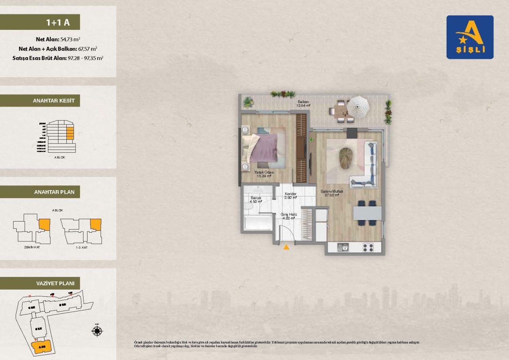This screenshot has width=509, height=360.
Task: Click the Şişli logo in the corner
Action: [x=470, y=37]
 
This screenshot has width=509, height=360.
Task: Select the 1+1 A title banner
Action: [x=40, y=22]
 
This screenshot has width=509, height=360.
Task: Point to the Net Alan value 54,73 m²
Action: [x=70, y=39]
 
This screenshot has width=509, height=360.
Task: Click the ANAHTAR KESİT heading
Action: [x=40, y=101]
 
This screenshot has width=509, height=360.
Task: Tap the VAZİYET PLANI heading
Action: [x=40, y=283]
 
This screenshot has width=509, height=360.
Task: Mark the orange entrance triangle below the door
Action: [x=286, y=247]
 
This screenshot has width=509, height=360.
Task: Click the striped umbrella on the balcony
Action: [x=358, y=107]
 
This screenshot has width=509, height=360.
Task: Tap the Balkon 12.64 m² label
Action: [x=305, y=104]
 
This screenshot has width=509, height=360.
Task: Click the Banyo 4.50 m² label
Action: [x=256, y=200]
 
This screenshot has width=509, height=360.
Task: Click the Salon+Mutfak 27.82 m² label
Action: [x=330, y=193]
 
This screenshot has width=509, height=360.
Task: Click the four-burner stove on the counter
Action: [x=368, y=247]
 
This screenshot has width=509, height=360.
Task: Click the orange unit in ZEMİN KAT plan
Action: [x=45, y=224]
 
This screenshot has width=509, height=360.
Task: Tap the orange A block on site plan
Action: [x=42, y=346]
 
